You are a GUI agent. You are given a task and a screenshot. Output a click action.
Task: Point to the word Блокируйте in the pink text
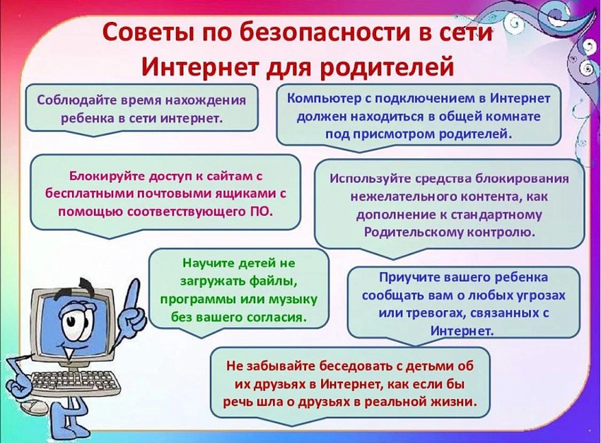click(x=106, y=176)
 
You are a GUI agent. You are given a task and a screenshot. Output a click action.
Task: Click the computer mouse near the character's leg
click(x=35, y=408)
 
